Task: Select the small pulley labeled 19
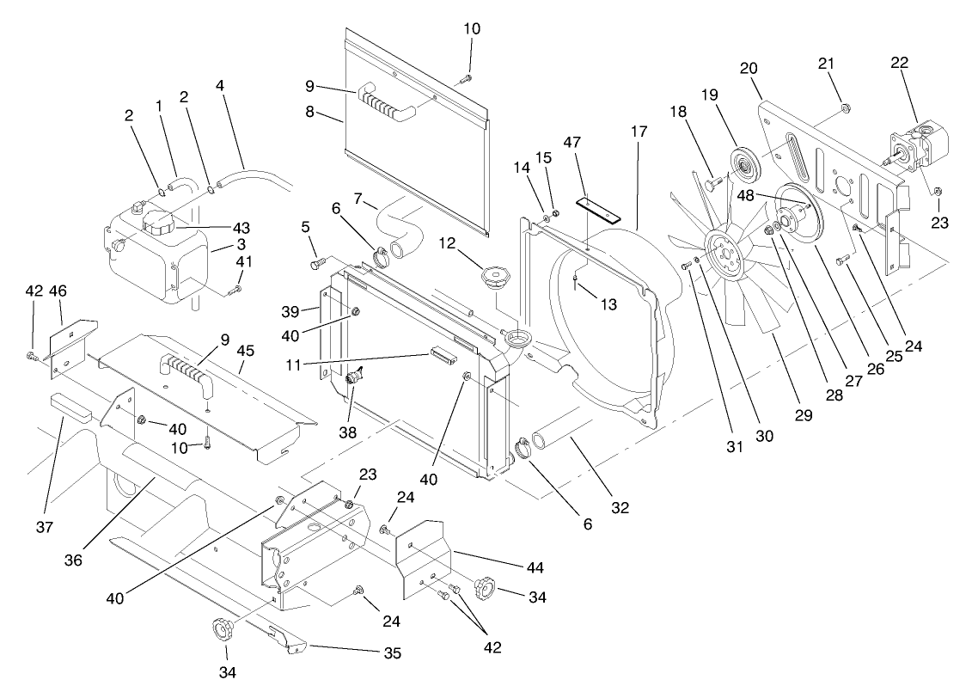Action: [x=742, y=162]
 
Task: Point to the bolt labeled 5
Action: [x=315, y=254]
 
